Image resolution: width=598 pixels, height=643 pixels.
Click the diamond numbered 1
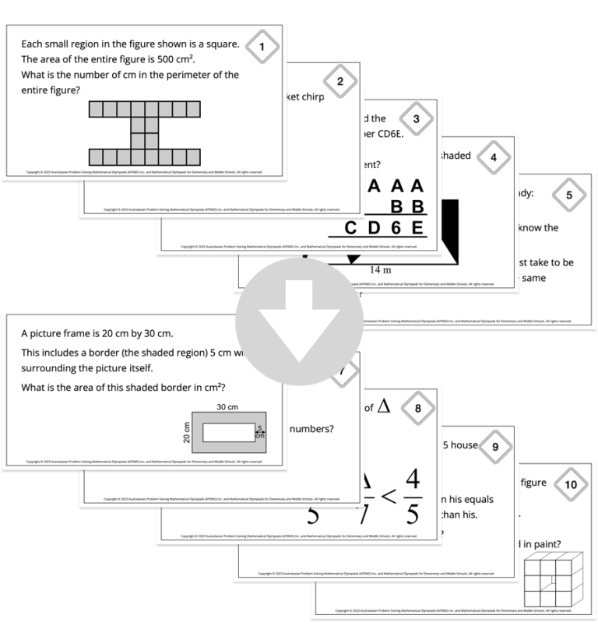point(262,48)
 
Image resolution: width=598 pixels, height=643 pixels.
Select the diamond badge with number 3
point(416,119)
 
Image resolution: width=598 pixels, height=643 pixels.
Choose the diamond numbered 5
point(569,195)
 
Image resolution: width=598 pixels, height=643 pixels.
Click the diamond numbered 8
point(417,408)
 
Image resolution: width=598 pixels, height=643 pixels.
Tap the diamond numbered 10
point(571,484)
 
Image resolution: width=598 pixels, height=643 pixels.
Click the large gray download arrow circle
point(299,321)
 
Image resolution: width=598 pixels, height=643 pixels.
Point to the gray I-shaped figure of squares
point(144,133)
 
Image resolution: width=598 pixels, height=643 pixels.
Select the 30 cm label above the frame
point(227,406)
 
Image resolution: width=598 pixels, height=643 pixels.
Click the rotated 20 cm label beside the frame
point(186,432)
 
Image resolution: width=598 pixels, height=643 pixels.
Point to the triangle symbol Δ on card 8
point(383,406)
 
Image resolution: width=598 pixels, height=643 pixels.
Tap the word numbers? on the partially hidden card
point(312,428)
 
